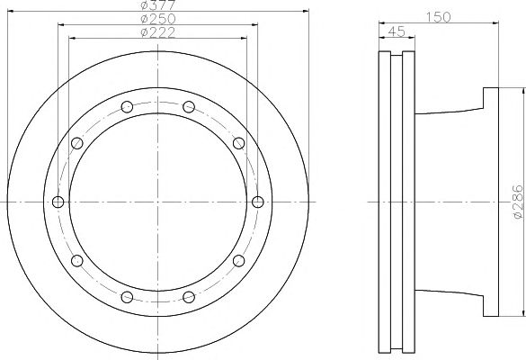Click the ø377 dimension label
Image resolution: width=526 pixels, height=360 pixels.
coord(158,4)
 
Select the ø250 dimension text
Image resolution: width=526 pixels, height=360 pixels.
coord(158,19)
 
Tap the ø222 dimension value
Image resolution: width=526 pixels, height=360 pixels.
coord(158,32)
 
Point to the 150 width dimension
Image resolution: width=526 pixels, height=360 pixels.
coord(438,17)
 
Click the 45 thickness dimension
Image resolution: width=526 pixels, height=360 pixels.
coord(397,31)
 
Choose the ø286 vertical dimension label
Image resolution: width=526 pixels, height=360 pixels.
coord(518,202)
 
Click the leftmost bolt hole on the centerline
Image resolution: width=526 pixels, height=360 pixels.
coord(58,202)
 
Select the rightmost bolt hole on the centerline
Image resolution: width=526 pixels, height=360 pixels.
coord(258,202)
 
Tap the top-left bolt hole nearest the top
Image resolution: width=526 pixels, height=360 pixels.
coord(127,107)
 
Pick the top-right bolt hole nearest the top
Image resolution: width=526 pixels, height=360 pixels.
coord(189,107)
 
